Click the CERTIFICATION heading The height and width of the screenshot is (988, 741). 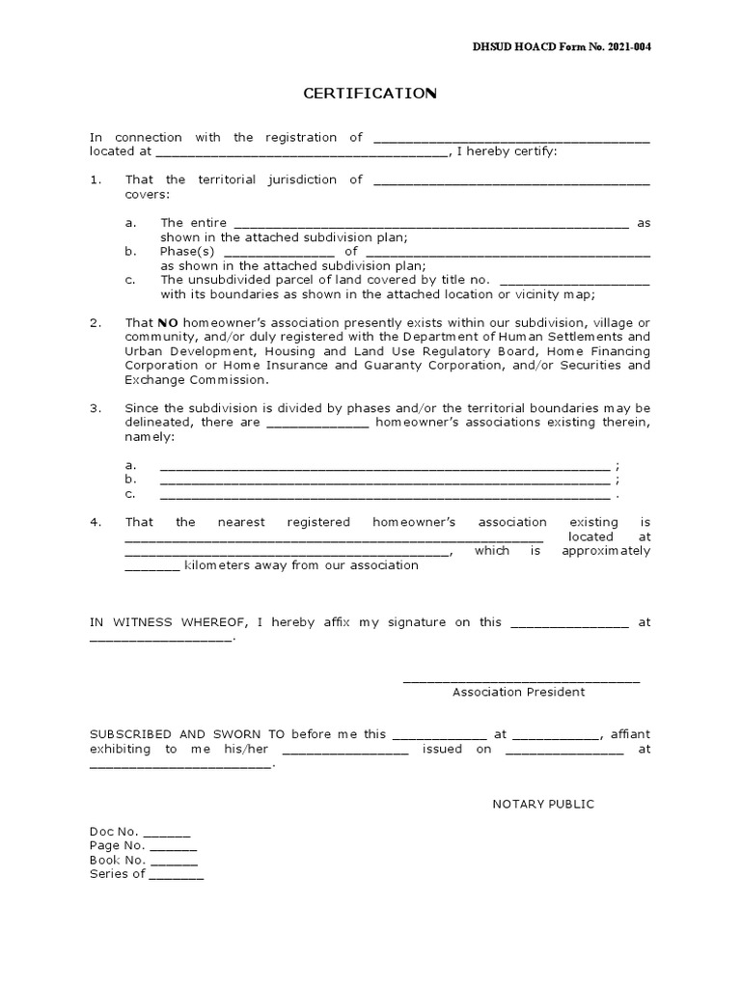coord(370,94)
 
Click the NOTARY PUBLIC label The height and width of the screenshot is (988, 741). coord(543,804)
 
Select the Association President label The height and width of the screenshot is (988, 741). coord(519,692)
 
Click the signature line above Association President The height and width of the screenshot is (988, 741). coord(521,680)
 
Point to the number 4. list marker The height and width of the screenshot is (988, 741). coord(96,522)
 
